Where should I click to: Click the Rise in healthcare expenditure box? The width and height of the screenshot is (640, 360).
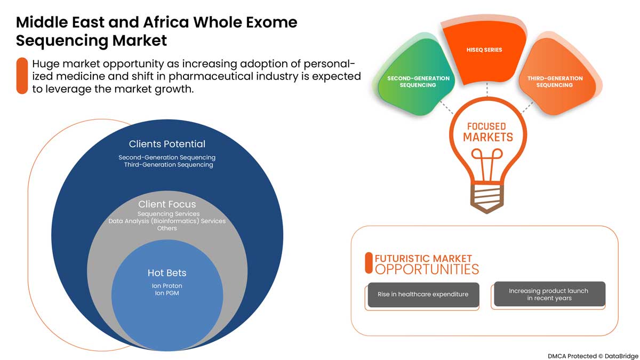pyautogui.click(x=423, y=294)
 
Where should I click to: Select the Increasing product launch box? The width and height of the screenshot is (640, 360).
pyautogui.click(x=548, y=294)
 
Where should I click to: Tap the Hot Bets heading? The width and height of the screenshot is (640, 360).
pyautogui.click(x=167, y=273)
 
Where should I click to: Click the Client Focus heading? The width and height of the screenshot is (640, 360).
pyautogui.click(x=167, y=204)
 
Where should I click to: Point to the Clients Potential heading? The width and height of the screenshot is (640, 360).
pyautogui.click(x=167, y=144)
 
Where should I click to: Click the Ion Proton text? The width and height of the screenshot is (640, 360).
pyautogui.click(x=167, y=286)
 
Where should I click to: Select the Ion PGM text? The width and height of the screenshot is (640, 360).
pyautogui.click(x=167, y=293)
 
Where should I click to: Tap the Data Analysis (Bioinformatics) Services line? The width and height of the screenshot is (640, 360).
pyautogui.click(x=167, y=221)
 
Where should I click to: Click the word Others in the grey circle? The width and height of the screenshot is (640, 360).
pyautogui.click(x=167, y=228)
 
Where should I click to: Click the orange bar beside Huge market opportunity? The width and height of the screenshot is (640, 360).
pyautogui.click(x=22, y=75)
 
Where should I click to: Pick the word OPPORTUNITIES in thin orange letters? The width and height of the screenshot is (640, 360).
pyautogui.click(x=427, y=269)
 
